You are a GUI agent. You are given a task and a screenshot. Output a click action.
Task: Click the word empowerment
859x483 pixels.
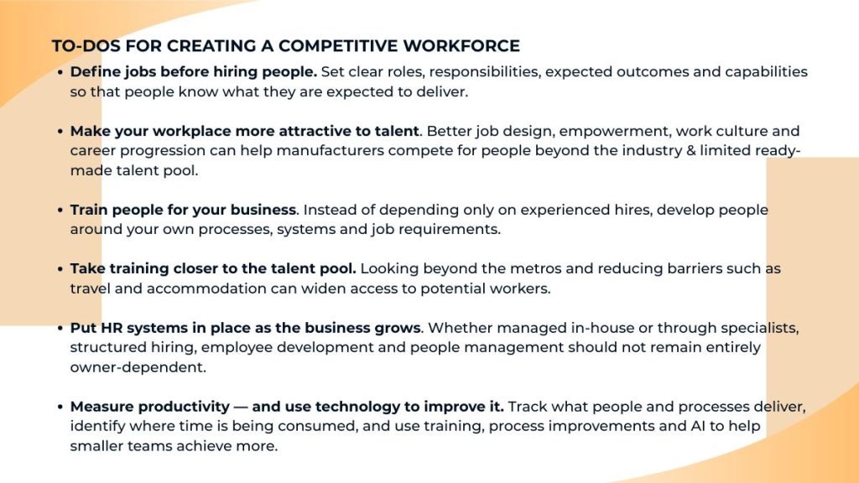pos(615,132)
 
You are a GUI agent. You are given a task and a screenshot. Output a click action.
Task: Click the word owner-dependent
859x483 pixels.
pos(138,367)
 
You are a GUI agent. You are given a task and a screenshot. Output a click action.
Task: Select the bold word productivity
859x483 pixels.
pos(184,407)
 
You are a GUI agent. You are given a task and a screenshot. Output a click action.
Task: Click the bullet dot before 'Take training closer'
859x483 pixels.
pos(60,269)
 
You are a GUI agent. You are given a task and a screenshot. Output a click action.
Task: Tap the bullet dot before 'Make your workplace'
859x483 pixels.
pos(60,132)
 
